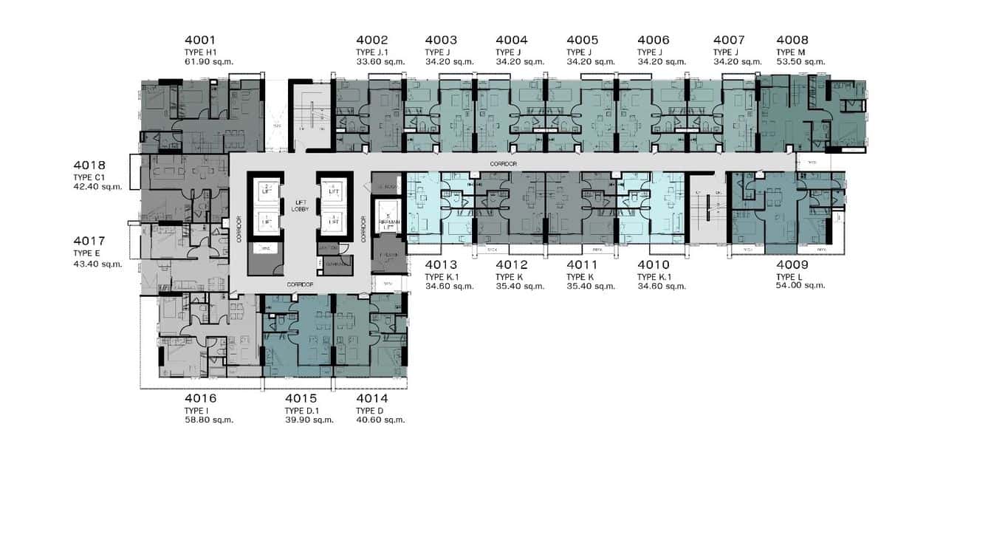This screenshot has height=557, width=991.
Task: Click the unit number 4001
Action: coord(202,41)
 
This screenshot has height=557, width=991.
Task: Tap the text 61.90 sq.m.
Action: coord(208,62)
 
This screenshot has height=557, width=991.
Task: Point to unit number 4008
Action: coord(792,41)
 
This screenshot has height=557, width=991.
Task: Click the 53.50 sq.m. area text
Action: coord(800,62)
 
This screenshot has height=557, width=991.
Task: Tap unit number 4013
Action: coord(441,265)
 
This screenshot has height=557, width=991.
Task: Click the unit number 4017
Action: coord(89,241)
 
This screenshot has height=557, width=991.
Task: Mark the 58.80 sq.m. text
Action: coord(209,420)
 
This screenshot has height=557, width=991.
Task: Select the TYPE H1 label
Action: coord(200,52)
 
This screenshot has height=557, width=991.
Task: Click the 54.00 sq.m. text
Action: coord(800,285)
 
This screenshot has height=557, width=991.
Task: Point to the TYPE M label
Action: coord(790,52)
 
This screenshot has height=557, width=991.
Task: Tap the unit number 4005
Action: coord(583,41)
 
